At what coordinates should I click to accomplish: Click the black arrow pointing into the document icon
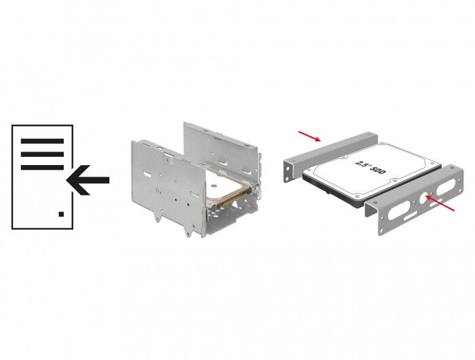(88, 180)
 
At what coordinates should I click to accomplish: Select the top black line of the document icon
(42, 141)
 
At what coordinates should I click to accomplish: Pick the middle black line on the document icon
(42, 154)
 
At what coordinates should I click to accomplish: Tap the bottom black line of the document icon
(42, 167)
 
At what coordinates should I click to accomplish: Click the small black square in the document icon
(61, 214)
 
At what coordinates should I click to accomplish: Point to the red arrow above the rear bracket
(309, 136)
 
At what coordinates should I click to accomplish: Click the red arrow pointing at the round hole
(440, 203)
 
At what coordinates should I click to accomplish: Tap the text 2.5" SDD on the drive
(370, 167)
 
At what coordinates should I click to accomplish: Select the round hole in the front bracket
(425, 198)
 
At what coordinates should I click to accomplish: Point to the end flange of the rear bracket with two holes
(288, 172)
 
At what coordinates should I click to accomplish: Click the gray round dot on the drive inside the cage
(214, 185)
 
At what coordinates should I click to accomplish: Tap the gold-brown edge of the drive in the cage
(230, 198)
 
